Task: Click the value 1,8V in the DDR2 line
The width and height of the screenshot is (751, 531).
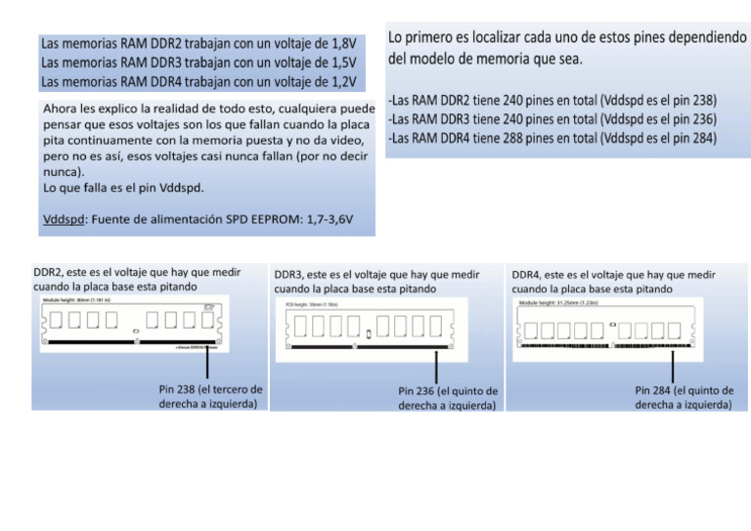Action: pyautogui.click(x=342, y=44)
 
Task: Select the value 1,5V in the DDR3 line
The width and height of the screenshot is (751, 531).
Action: pyautogui.click(x=342, y=63)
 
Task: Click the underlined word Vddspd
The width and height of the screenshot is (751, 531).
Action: pyautogui.click(x=65, y=219)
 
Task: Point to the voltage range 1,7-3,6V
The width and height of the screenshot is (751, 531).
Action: pyautogui.click(x=331, y=219)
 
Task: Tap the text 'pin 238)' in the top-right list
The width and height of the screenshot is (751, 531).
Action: pyautogui.click(x=693, y=100)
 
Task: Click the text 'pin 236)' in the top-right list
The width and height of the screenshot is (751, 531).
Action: pyautogui.click(x=693, y=119)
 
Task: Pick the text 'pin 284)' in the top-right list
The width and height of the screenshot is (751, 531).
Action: pyautogui.click(x=693, y=138)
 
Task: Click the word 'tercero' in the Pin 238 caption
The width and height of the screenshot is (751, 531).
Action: pyautogui.click(x=239, y=389)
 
